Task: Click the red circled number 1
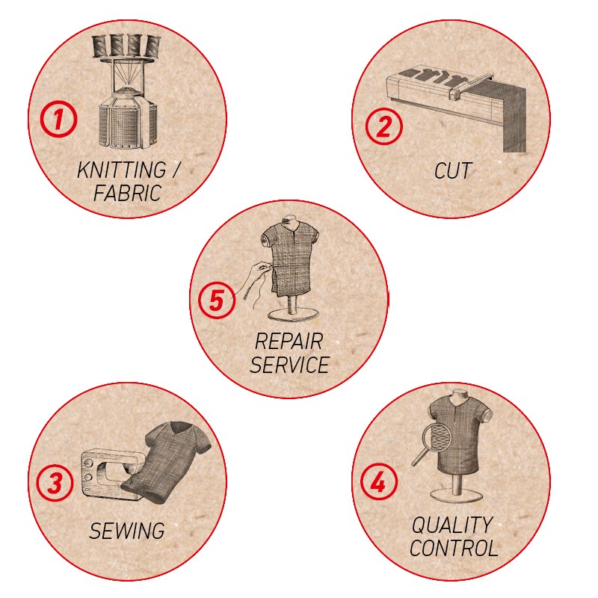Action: coord(58,120)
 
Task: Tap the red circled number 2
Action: coord(383,126)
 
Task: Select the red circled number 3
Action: coord(55,483)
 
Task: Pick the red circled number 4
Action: coord(378,482)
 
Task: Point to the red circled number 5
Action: coord(217,300)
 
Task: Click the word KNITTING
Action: coord(122,170)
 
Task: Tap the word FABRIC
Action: coord(127,193)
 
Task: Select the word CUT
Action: coord(453,171)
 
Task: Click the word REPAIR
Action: coord(289,341)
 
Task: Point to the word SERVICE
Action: coord(289,365)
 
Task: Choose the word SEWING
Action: coord(127,531)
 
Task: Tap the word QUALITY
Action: coord(452,525)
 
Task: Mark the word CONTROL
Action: coord(454,548)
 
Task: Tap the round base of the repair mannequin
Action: coord(293,315)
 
